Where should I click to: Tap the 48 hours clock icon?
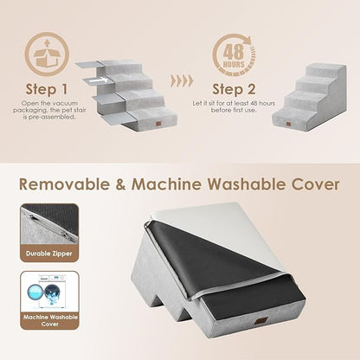(229, 54)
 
